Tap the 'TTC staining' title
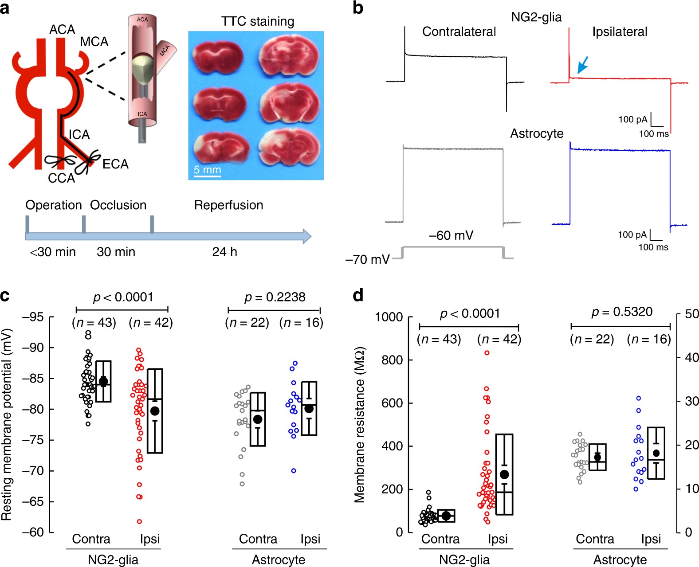coord(258,21)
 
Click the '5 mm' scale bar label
coord(207,169)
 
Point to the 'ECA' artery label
coord(115,164)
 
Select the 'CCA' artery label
coord(62,178)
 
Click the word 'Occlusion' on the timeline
coord(118,205)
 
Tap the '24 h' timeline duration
coord(224,252)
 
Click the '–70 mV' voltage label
coord(368,259)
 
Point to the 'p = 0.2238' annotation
coord(275,297)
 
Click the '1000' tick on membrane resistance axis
coord(389,317)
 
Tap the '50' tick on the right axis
coord(691,314)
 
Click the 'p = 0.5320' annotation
coord(622,312)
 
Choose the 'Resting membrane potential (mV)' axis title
coord(7,424)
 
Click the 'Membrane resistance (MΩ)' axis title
coord(360,424)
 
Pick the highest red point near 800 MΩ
coord(487,353)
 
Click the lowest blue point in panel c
coord(294,471)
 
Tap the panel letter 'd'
coord(358,295)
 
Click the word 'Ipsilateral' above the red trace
coord(620,32)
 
